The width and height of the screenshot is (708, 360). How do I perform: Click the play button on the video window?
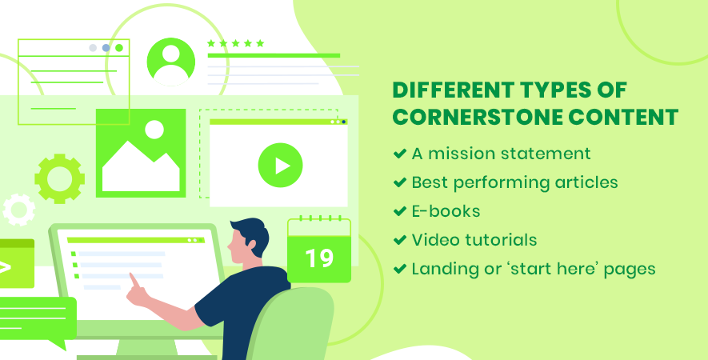281,166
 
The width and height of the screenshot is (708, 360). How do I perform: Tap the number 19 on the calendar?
319,259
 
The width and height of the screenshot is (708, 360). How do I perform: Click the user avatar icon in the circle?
171,62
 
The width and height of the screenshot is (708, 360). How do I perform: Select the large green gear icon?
60,178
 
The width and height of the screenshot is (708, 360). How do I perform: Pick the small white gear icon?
19,210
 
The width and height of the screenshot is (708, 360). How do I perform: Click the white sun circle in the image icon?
154,129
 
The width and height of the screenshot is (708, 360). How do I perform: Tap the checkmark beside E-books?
400,211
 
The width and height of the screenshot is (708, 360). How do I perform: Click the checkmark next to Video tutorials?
400,240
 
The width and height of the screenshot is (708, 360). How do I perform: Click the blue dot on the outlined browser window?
106,48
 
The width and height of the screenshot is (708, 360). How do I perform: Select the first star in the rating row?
211,43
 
